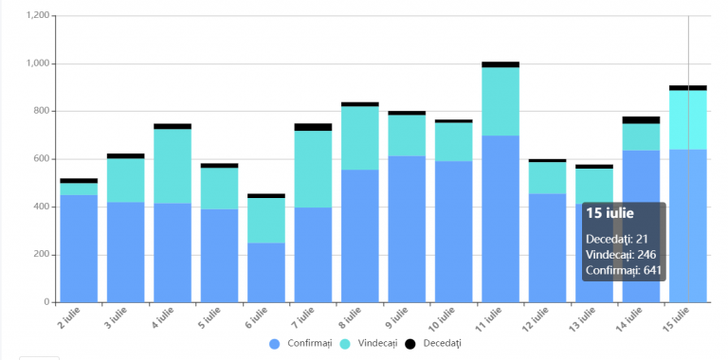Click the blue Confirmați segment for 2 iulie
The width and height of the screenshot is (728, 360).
[x=79, y=248]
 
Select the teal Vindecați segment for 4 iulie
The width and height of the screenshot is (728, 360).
[x=173, y=166]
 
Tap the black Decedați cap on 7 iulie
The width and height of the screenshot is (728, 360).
[x=313, y=127]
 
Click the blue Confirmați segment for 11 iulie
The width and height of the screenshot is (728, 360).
[x=500, y=219]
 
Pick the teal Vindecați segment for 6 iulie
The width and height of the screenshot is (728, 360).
[x=266, y=221]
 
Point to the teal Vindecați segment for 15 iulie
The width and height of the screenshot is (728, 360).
[x=688, y=119]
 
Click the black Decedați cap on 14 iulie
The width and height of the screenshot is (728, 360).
[x=641, y=120]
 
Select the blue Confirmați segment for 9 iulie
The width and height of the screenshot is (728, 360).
[x=407, y=229]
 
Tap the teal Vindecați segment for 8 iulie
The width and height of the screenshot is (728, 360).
[x=360, y=138]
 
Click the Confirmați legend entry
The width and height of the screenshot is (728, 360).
[x=300, y=344]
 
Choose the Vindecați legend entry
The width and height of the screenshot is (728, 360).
[x=369, y=344]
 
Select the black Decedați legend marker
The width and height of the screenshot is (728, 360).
[x=409, y=344]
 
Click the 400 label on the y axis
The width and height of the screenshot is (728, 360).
[x=42, y=207]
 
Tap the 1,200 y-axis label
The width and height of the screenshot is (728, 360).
[x=38, y=15]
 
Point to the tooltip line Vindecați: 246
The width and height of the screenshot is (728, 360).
[x=621, y=255]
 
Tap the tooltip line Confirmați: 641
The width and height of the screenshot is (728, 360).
[x=623, y=270]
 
